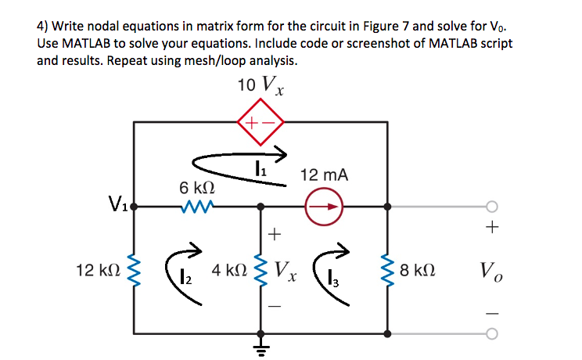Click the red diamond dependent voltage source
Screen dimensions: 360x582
coord(260,122)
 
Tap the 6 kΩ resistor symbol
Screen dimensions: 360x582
coord(192,207)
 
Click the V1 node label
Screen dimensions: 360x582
coord(119,207)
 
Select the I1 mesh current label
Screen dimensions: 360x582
coord(259,166)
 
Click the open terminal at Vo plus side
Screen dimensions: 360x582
coord(492,207)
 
